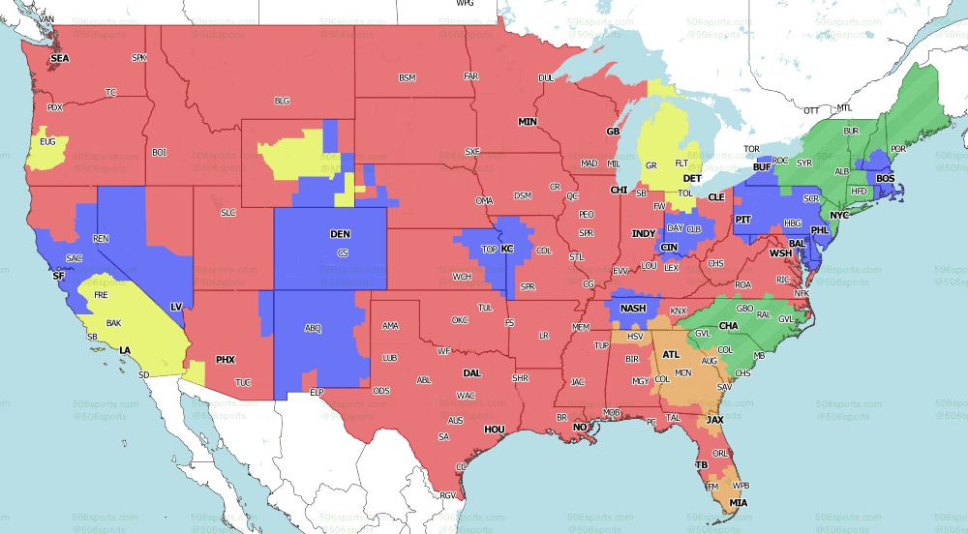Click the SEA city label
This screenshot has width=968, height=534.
pyautogui.click(x=60, y=58)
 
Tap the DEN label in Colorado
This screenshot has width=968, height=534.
pyautogui.click(x=340, y=234)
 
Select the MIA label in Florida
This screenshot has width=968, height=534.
pyautogui.click(x=739, y=503)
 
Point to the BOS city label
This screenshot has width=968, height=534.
pyautogui.click(x=886, y=179)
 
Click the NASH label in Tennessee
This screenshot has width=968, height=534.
pyautogui.click(x=633, y=309)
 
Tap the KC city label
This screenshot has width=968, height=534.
pyautogui.click(x=506, y=249)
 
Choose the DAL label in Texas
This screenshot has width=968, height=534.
pyautogui.click(x=472, y=372)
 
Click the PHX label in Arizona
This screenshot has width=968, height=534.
pyautogui.click(x=225, y=360)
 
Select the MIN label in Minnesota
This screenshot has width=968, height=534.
pyautogui.click(x=528, y=122)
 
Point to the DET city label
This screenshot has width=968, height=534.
pyautogui.click(x=691, y=179)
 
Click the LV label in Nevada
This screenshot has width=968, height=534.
pyautogui.click(x=176, y=307)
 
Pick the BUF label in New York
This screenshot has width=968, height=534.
pyautogui.click(x=761, y=166)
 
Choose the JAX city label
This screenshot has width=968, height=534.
pyautogui.click(x=714, y=420)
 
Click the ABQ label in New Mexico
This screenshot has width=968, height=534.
pyautogui.click(x=313, y=328)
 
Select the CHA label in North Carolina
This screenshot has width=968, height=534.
pyautogui.click(x=729, y=326)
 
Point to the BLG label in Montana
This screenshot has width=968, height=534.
pyautogui.click(x=282, y=100)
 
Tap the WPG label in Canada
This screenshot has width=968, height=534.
pyautogui.click(x=466, y=4)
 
